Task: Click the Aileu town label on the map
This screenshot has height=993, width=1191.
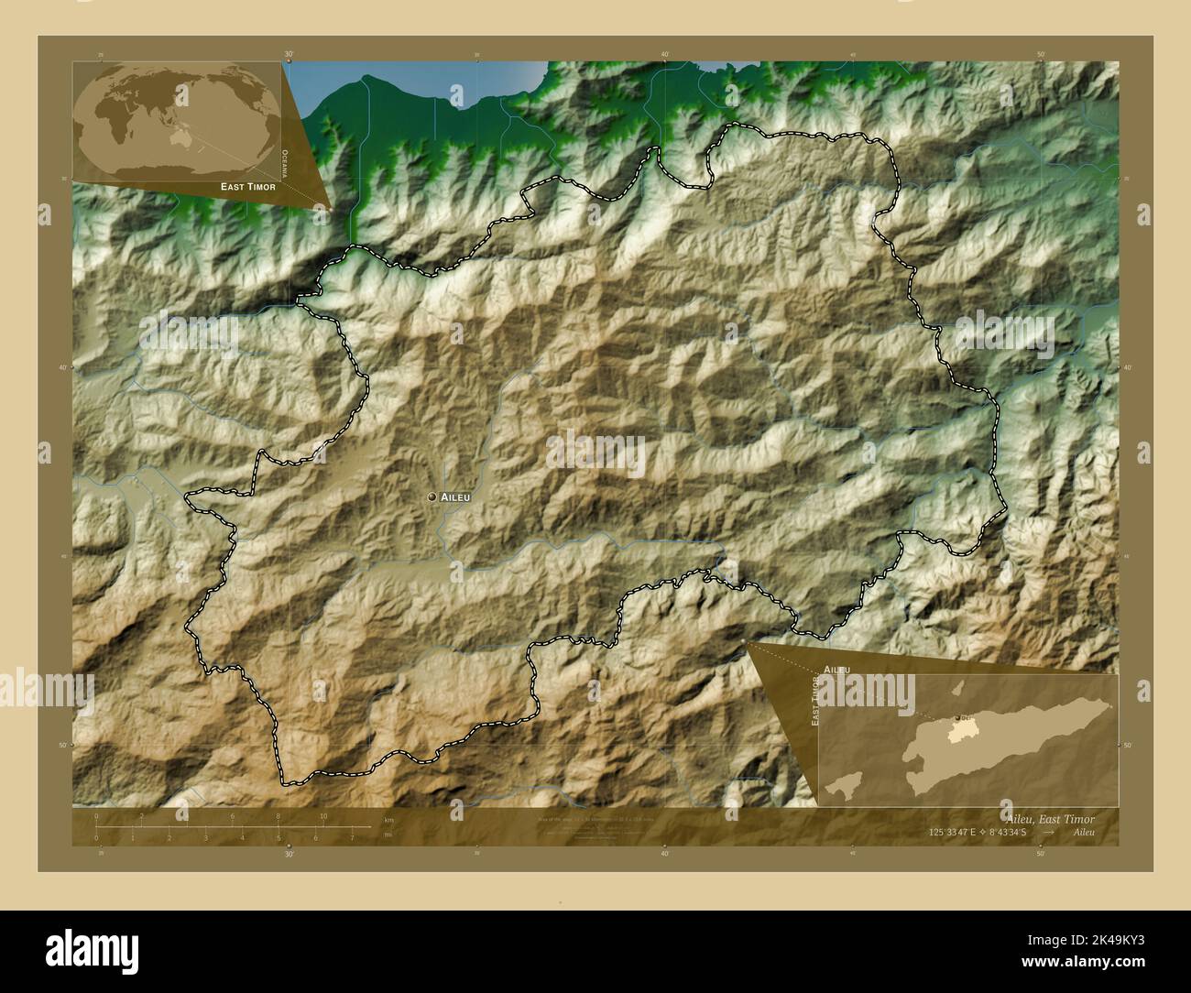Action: [x=455, y=496]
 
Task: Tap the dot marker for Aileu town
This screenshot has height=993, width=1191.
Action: [x=432, y=496]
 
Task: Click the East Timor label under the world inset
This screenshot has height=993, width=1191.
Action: [x=247, y=186]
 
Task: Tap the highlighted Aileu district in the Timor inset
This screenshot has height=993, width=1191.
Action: [x=959, y=729]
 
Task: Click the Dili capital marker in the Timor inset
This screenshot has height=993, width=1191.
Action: [x=957, y=717]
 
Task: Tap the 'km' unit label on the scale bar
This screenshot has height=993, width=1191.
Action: [x=388, y=820]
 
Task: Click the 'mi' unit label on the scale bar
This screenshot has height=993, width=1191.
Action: [x=388, y=835]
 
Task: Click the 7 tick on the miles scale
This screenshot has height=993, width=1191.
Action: [x=352, y=837]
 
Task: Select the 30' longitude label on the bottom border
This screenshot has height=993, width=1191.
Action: [x=290, y=854]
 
